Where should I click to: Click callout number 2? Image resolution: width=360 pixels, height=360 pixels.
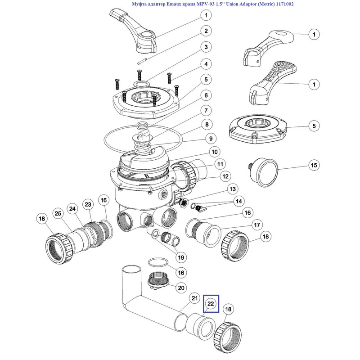tap(206, 31)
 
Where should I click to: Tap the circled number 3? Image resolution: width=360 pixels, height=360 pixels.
tap(206, 47)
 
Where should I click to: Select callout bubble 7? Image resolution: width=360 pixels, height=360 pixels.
tap(206, 110)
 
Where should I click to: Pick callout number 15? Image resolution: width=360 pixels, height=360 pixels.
tap(313, 166)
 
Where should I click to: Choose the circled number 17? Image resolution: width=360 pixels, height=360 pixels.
tap(257, 224)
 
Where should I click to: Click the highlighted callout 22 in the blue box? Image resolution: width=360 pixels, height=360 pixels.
tap(211, 304)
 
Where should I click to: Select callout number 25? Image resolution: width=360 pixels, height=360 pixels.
tap(57, 213)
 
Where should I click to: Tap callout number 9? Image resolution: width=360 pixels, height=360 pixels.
tap(210, 139)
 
